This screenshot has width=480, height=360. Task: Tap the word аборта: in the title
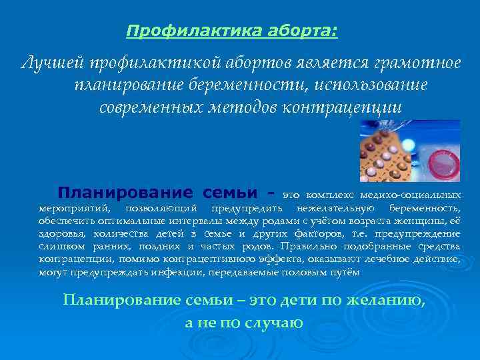[305, 31]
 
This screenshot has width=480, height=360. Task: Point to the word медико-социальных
[409, 195]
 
